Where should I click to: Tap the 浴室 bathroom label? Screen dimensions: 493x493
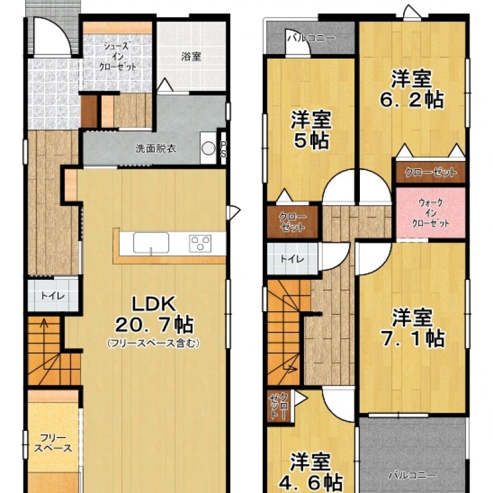click(191, 57)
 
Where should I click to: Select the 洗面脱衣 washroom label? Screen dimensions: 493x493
click(156, 149)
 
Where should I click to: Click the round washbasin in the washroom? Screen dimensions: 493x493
click(208, 148)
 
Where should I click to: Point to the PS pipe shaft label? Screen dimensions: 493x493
click(223, 149)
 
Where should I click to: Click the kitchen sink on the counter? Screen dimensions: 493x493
click(151, 243)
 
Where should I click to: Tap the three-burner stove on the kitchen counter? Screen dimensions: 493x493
click(200, 243)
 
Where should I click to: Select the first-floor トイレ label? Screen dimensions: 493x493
click(53, 296)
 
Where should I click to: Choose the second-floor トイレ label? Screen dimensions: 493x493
click(292, 259)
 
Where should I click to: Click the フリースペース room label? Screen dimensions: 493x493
click(53, 443)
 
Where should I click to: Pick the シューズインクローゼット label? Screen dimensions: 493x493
click(118, 57)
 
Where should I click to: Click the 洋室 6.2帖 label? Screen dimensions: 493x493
click(412, 89)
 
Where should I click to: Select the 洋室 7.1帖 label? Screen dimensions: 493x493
click(412, 328)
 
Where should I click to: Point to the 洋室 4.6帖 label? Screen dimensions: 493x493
click(311, 471)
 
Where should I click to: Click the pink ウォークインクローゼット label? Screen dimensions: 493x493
click(430, 213)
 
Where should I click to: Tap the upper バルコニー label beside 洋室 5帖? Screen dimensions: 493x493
click(311, 38)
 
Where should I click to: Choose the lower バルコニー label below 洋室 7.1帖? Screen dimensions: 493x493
click(412, 475)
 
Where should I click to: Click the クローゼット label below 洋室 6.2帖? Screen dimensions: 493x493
click(430, 172)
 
